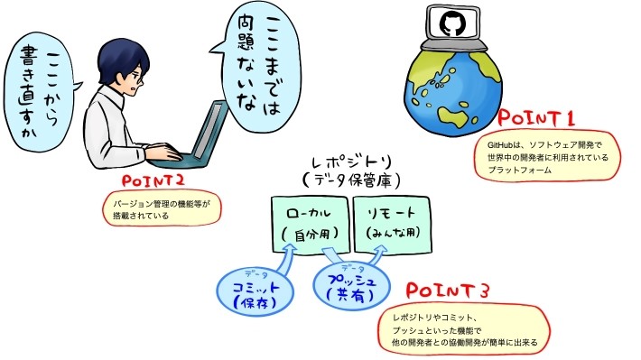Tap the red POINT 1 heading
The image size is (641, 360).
click(x=538, y=118)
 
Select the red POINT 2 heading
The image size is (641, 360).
click(x=152, y=180)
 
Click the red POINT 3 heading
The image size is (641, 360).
click(x=449, y=291)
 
